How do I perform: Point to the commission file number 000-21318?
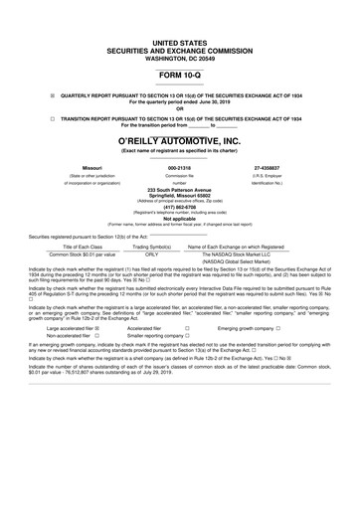[179, 168]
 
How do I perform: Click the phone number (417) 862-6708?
[179, 207]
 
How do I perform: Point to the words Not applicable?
[179, 219]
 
